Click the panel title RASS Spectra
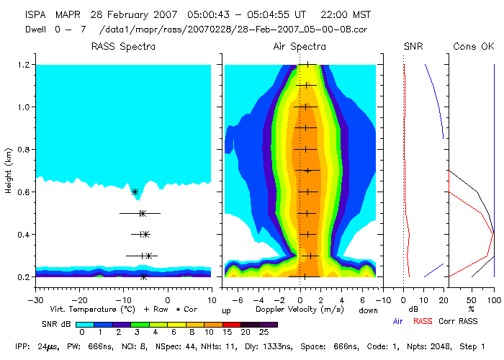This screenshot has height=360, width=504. click(x=122, y=47)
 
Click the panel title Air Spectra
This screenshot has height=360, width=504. click(x=300, y=47)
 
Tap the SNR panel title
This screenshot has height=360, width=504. click(x=413, y=47)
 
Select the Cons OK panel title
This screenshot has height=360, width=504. click(x=473, y=47)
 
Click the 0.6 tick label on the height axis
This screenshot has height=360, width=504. click(x=23, y=192)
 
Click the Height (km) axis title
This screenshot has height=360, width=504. click(x=8, y=171)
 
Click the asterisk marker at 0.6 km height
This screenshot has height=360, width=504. click(x=135, y=192)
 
